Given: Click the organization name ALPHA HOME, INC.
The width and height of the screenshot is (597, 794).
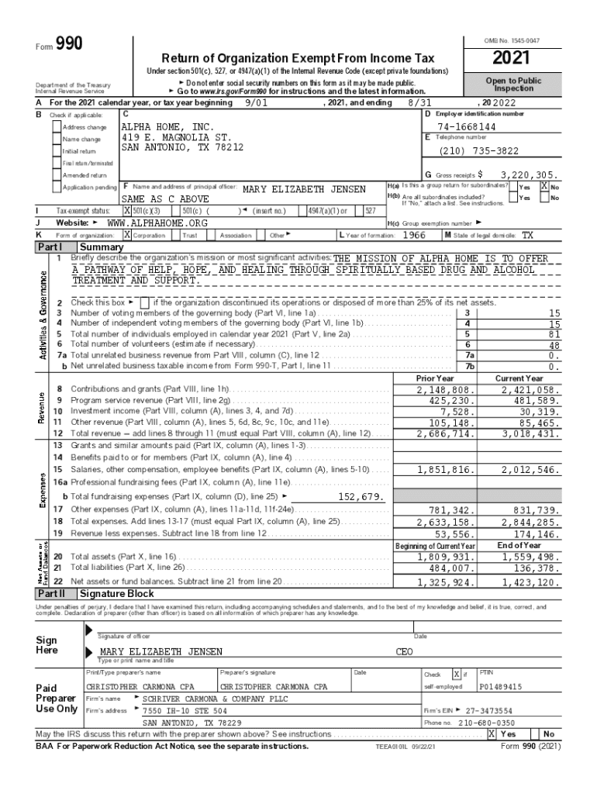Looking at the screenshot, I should click(x=167, y=126).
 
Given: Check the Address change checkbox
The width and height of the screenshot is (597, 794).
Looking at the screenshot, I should click(x=57, y=127).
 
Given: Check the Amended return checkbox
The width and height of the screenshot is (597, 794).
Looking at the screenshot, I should click(x=57, y=175).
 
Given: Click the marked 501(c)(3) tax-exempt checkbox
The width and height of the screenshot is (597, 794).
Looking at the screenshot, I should click(x=127, y=211).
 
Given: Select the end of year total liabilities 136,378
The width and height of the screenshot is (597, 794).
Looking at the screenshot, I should click(x=535, y=568).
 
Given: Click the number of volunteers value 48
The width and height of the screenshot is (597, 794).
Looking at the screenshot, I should click(x=554, y=345).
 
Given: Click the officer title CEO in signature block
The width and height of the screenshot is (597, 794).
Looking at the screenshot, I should click(x=404, y=651).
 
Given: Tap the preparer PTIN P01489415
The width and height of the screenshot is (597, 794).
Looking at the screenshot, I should click(x=500, y=686).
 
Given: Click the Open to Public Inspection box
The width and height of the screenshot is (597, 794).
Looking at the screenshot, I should click(x=514, y=84).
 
